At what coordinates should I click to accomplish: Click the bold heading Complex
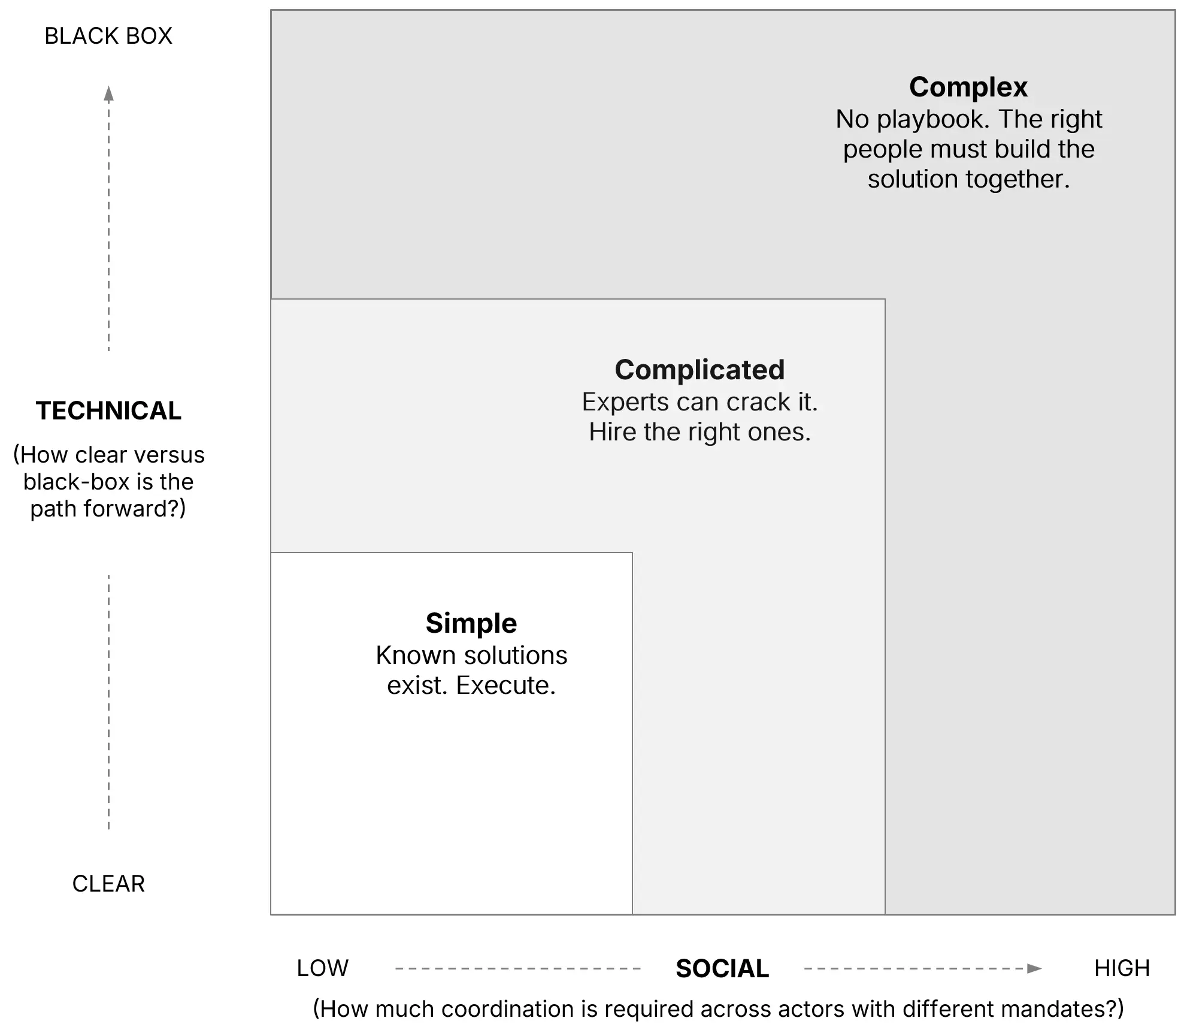pos(968,87)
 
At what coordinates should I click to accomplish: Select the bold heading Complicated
pos(699,370)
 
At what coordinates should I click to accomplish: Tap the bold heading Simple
pos(471,623)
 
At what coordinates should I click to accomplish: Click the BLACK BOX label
pos(108,37)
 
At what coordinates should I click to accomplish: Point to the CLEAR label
pos(108,884)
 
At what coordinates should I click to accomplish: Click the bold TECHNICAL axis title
pos(108,411)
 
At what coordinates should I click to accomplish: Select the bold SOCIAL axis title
pos(722,969)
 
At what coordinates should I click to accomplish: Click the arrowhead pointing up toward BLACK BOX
pos(108,93)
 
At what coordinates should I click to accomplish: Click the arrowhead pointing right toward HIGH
pos(1034,968)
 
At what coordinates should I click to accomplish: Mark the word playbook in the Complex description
pos(933,120)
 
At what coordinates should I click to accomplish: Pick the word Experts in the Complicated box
pos(625,402)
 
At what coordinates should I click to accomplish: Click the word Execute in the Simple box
pos(505,685)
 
